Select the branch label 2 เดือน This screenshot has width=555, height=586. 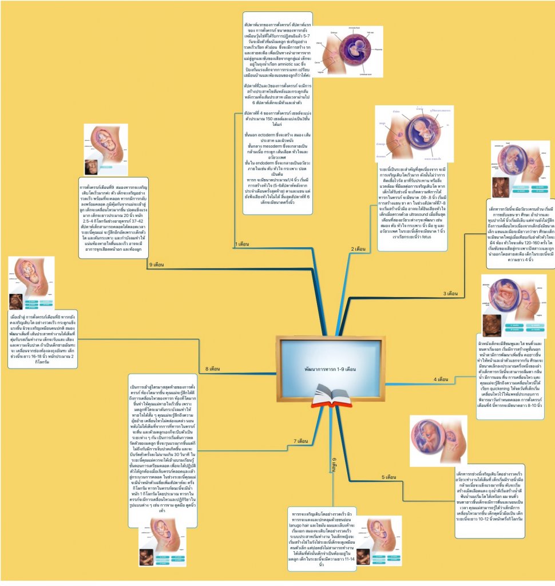359,249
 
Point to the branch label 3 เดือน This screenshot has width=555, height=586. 451,294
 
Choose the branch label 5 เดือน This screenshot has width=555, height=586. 390,477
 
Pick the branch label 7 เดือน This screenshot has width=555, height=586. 302,441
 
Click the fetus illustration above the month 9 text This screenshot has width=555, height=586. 106,149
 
